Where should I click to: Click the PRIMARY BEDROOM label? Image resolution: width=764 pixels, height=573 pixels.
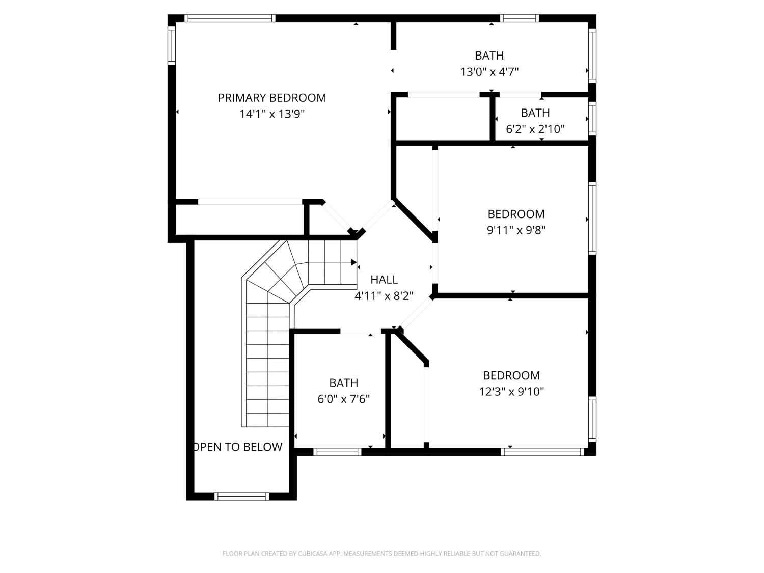(272, 98)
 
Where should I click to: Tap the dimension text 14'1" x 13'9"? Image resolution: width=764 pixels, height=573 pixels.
(272, 114)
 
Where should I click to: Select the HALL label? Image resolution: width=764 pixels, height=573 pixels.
(384, 279)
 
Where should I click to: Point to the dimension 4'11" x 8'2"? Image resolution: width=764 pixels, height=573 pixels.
(384, 296)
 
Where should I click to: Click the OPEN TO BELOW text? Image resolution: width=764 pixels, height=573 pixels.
(238, 447)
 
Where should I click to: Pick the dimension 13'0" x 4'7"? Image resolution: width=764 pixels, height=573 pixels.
(489, 72)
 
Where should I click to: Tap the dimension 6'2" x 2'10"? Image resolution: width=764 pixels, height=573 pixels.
(535, 129)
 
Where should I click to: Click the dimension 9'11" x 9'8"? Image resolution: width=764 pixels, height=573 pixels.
(516, 230)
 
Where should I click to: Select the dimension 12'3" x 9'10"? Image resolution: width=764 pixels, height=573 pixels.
(511, 392)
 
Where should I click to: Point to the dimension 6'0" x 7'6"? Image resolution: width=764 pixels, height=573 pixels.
(343, 399)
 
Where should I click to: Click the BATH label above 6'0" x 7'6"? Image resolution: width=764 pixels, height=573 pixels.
(343, 383)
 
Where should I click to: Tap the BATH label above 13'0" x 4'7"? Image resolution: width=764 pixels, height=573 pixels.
(489, 56)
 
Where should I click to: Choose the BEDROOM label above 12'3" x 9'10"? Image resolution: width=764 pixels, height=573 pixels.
(511, 375)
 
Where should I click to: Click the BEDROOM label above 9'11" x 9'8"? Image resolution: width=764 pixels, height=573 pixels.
(516, 214)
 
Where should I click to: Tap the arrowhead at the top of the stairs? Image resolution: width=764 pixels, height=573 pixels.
(354, 262)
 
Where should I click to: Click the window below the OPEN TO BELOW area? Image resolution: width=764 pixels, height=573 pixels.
(241, 496)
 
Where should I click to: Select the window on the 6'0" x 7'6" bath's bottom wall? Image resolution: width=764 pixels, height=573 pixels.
(337, 452)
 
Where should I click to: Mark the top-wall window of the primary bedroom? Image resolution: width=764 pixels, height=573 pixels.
(230, 18)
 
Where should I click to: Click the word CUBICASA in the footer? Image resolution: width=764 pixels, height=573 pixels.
(313, 554)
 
